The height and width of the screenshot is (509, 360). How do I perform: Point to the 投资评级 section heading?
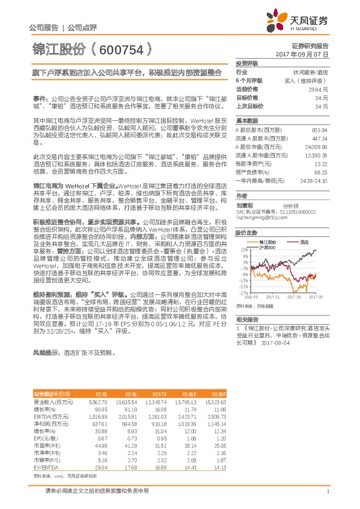pos(247,63)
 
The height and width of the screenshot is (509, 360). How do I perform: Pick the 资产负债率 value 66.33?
pos(321,172)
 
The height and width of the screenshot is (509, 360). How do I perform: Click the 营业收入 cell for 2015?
pos(97,402)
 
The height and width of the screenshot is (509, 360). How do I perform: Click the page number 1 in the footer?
pos(327,491)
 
